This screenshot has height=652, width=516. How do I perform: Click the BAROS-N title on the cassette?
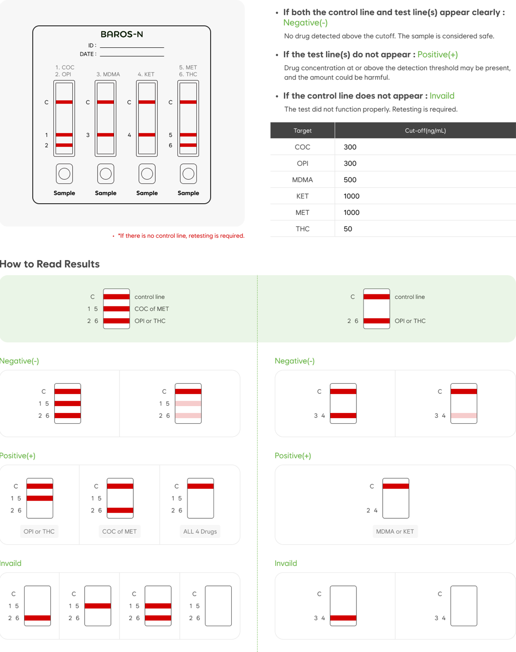pos(122,34)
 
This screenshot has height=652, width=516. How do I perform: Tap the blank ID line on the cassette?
pos(132,48)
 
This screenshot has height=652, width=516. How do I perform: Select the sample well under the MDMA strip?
pos(105,174)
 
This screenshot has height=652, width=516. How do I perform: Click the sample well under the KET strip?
pos(147,174)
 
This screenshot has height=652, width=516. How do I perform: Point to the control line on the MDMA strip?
pos(105,102)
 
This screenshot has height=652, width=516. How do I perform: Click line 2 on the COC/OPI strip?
pos(64,145)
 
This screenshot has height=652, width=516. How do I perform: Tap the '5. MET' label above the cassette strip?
pos(188,67)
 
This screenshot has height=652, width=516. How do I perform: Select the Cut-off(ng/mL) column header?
pos(425,131)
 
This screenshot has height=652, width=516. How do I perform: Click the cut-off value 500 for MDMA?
pos(350,180)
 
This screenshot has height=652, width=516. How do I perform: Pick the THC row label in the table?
pos(303,229)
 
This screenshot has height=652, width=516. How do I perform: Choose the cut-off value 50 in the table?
pos(348,229)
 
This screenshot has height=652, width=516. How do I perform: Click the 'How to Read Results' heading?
pos(50,264)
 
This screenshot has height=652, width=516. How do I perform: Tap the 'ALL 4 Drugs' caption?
pos(200,531)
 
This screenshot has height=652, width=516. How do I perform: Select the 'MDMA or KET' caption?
pos(395,531)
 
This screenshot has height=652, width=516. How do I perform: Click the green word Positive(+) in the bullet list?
pos(437,55)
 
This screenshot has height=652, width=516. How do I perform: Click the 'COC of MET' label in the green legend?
pos(152,309)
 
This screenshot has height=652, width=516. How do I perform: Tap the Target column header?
pos(303,131)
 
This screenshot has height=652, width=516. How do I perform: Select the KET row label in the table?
pos(303,196)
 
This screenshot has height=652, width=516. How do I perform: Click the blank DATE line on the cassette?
pos(132,56)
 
